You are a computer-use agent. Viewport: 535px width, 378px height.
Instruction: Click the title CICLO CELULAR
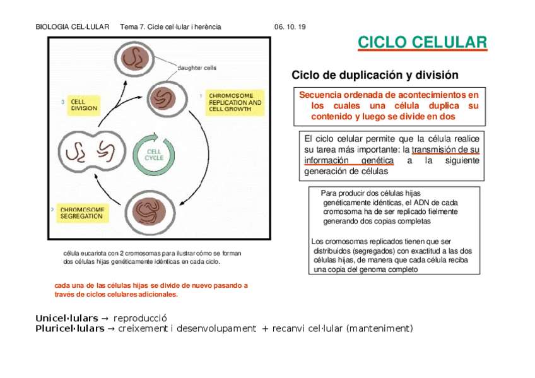[422, 42]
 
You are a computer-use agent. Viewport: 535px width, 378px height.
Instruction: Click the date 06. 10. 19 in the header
[290, 27]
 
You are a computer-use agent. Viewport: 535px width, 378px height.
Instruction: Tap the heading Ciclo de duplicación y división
[375, 75]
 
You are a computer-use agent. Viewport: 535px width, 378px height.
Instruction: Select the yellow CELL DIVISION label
[84, 105]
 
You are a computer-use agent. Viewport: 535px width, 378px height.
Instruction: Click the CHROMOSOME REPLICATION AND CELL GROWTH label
[235, 102]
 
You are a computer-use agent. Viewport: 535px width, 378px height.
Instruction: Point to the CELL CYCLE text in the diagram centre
[154, 154]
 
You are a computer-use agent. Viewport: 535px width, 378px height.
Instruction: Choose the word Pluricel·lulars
[69, 328]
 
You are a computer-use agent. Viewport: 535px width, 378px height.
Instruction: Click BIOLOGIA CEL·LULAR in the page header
[73, 27]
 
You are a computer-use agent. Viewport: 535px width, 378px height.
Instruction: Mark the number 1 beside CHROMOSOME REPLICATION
[201, 95]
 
